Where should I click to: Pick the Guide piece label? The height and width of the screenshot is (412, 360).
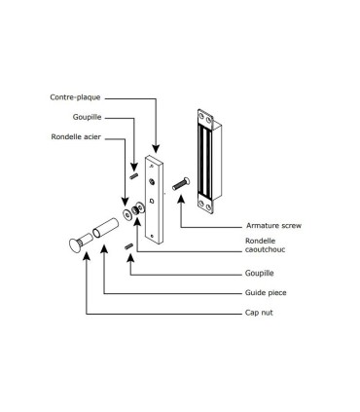tap(264, 293)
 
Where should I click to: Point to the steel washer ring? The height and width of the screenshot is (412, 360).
tap(127, 211)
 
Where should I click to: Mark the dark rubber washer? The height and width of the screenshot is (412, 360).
tap(139, 207)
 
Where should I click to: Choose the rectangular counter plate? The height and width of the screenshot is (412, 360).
tap(156, 200)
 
